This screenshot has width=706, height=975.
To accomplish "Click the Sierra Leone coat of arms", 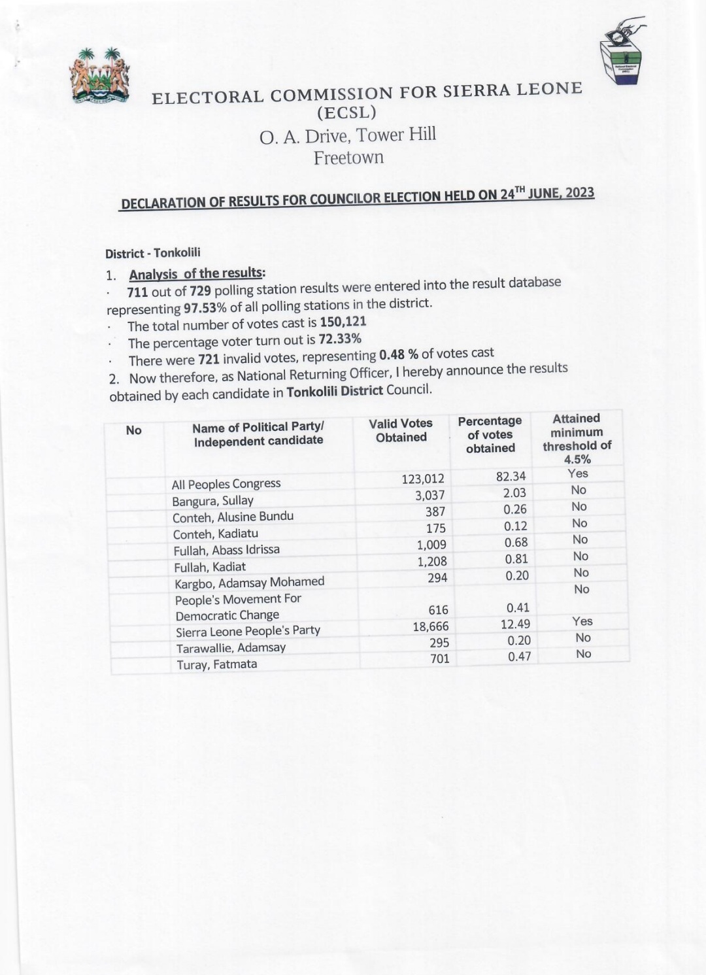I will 100,75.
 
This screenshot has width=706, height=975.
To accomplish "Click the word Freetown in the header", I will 348,158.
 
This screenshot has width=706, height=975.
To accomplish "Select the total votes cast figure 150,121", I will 343,322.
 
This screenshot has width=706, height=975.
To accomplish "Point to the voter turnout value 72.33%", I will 339,339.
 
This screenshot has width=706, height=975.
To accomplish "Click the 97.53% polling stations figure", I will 205,307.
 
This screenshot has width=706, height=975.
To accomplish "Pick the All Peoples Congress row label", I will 226,484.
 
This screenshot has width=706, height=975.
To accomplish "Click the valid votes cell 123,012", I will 422,479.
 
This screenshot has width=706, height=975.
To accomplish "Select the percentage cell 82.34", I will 511,476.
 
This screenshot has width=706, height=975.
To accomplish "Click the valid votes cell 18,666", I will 430,626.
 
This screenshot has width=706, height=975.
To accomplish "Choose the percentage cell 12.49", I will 515,624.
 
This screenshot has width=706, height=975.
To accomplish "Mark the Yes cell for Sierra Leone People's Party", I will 582,621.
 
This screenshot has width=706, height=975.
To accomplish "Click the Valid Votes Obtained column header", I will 401,430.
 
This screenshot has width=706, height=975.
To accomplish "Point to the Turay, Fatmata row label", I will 216,664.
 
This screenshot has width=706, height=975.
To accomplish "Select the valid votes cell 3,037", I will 429,495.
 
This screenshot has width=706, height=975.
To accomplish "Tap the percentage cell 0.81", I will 516,559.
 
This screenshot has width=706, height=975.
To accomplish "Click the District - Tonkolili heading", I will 153,253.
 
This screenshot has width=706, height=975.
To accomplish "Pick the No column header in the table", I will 133,430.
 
